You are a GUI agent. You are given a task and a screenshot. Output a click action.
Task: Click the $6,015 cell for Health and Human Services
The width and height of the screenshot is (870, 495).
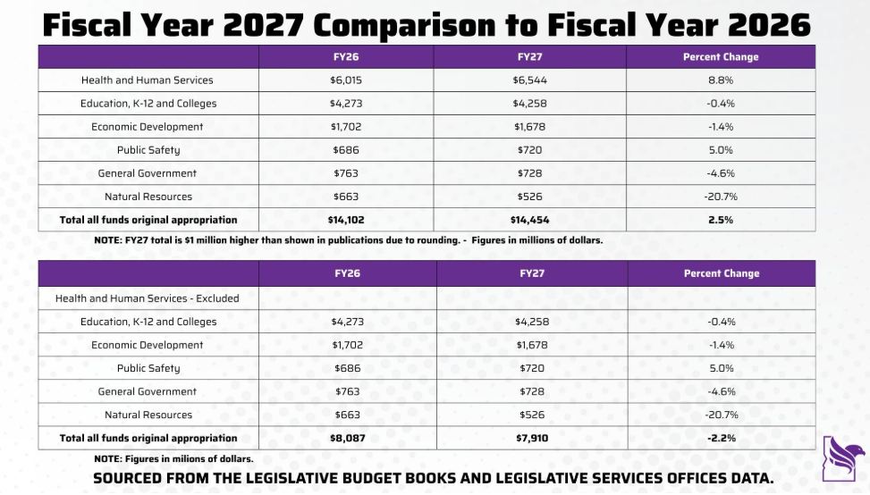tap(346, 80)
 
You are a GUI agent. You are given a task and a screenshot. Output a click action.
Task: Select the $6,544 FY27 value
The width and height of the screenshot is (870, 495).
tap(529, 80)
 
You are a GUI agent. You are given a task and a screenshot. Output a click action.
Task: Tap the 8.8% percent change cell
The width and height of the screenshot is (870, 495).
tap(721, 80)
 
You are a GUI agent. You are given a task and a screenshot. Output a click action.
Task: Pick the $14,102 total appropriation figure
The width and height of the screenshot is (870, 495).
tap(346, 220)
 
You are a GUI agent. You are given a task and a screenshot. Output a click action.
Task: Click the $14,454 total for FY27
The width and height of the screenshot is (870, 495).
tap(529, 220)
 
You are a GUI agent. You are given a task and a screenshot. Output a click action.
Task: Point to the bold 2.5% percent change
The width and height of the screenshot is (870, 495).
tap(721, 220)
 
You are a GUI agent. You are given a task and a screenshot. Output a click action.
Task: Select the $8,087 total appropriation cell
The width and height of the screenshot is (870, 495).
tap(347, 438)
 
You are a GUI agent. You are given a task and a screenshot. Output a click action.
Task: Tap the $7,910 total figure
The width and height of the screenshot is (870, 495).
tap(532, 438)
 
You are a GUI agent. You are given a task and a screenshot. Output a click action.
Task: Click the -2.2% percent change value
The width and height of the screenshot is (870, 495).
tap(721, 438)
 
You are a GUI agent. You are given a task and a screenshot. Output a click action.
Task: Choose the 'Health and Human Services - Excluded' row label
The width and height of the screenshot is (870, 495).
tap(148, 298)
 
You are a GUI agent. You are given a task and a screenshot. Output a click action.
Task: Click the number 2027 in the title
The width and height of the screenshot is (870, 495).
tap(266, 24)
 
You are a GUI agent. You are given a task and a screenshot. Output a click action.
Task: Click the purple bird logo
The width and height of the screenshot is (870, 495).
tap(843, 457)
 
